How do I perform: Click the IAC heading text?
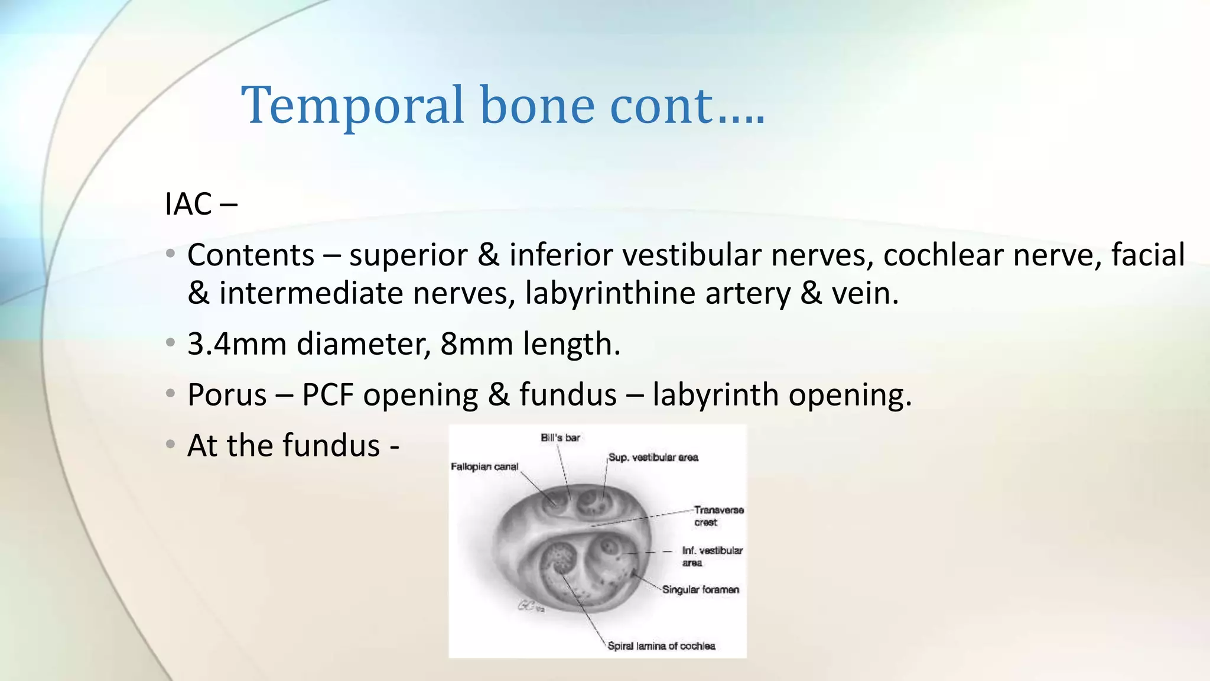coord(188,205)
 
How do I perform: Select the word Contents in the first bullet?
coord(251,255)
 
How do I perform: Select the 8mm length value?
coord(476,344)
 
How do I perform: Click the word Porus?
coord(227,395)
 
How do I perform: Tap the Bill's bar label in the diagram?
coord(560,438)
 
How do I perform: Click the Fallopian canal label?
coord(484,467)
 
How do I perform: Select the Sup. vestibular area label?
coord(653,458)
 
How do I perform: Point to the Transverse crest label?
coord(718,515)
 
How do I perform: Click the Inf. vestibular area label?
coord(712,556)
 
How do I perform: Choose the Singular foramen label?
coord(701,589)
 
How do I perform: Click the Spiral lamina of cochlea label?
coord(661,646)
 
